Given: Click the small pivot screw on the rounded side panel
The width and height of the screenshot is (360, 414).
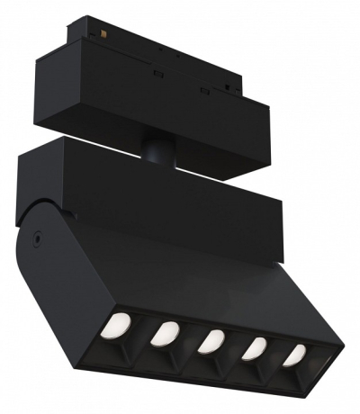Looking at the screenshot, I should click(x=36, y=238).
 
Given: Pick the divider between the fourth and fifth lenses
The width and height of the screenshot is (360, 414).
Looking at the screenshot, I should click(x=275, y=353).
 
